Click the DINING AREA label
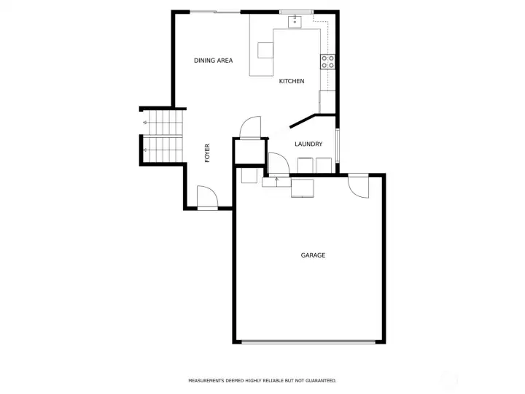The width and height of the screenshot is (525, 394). coord(213,61)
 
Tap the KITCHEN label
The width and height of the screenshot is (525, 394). coord(292,81)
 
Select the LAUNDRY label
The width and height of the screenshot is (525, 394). coord(308,144)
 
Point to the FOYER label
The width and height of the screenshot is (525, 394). coord(207,152)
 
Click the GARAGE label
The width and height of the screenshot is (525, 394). coord(313,255)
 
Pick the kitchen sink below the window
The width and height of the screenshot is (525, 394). coord(295,22)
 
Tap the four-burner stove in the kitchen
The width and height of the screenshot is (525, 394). coord(328,61)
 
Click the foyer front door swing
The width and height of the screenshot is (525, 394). coord(205,197)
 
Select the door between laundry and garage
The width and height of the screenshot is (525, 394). coord(277,163)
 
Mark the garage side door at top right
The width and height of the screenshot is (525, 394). coord(359,187)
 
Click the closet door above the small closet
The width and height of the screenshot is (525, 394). coord(250,127)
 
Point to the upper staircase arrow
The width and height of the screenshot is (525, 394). coord(145,123)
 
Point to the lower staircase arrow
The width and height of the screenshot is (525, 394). coord(145,150)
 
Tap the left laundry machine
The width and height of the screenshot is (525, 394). coord(304,166)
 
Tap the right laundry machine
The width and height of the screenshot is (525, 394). coord(323,166)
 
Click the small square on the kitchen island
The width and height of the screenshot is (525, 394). coord(265,50)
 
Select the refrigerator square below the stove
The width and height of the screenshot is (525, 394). coord(327,101)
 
